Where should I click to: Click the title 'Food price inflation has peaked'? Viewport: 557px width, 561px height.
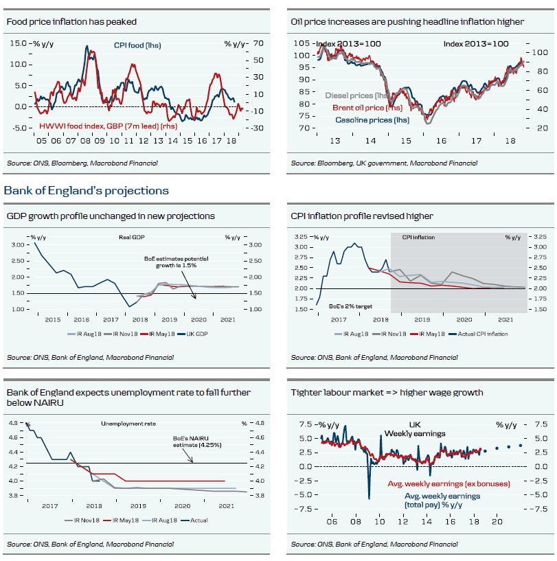tap(71, 22)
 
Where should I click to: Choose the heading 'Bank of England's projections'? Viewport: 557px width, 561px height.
tap(87, 190)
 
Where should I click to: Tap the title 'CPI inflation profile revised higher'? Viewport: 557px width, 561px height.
tap(362, 216)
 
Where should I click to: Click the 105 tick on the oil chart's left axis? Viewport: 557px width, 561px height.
tap(301, 43)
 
